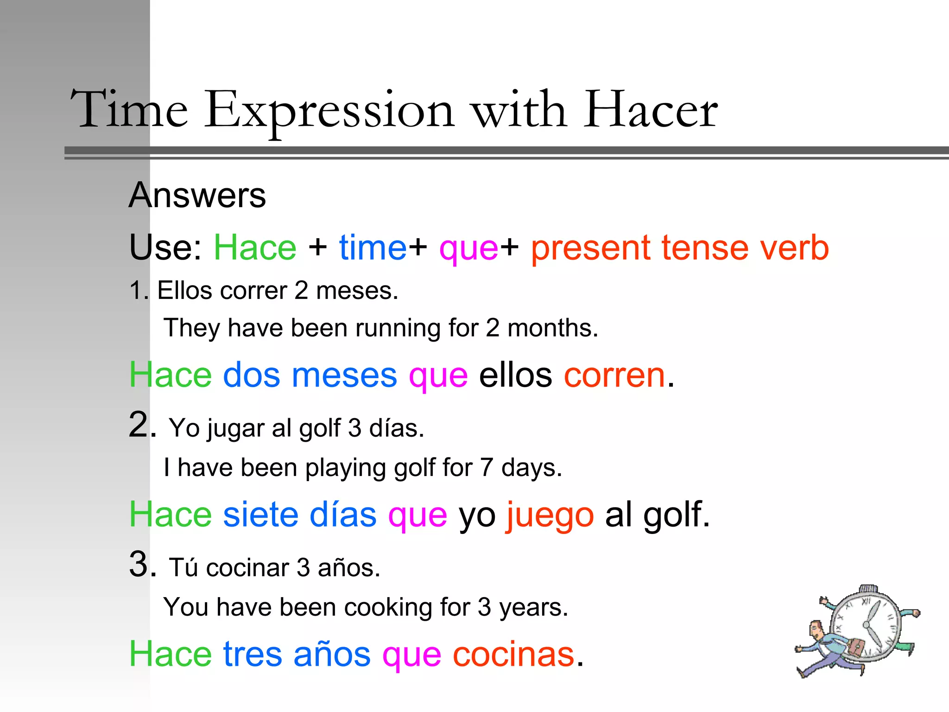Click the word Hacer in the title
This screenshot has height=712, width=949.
(650, 110)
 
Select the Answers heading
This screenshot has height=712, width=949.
(197, 195)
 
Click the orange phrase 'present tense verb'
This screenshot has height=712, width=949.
(680, 248)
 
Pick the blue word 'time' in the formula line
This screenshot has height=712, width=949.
(373, 248)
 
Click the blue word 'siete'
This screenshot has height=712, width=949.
(260, 515)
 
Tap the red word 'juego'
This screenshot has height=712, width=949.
(550, 515)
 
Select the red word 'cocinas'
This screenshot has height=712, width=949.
(513, 654)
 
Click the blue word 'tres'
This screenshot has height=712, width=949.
(253, 654)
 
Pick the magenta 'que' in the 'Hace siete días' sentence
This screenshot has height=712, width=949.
(418, 515)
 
